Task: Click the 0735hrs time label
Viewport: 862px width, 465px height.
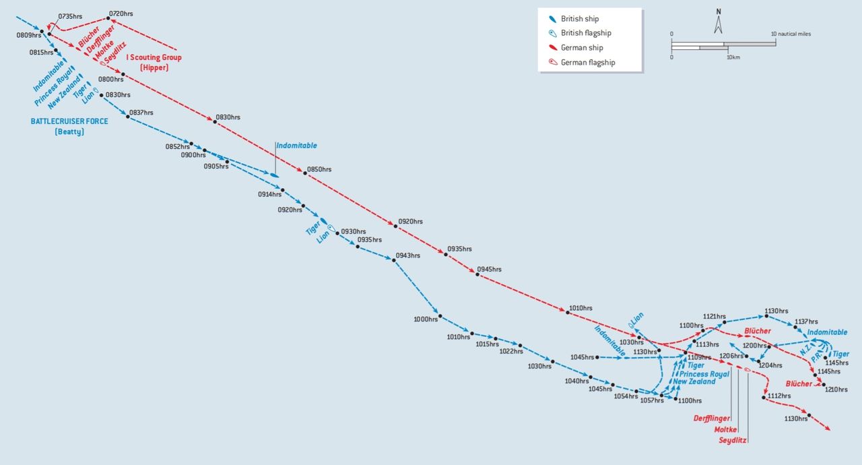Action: tap(70, 15)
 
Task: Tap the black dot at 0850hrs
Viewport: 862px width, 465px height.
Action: tap(305, 173)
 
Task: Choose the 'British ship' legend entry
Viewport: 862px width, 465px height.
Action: tap(579, 19)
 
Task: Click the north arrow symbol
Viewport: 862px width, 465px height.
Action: tap(719, 22)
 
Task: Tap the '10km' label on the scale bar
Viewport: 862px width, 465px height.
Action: tap(733, 57)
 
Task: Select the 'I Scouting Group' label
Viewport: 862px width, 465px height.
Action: tap(154, 57)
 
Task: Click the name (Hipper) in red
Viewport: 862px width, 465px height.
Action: tap(154, 68)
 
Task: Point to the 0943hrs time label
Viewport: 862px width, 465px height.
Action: tap(407, 255)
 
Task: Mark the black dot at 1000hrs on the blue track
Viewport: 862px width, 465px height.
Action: tap(439, 316)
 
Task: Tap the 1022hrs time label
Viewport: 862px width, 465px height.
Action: tap(511, 351)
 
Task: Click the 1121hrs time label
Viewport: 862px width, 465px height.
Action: tap(715, 316)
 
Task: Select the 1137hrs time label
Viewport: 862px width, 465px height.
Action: tap(806, 321)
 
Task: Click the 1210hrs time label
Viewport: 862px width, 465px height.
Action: tap(836, 390)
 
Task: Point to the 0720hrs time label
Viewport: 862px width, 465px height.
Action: tap(121, 13)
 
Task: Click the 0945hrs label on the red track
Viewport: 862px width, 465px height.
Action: tap(489, 270)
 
